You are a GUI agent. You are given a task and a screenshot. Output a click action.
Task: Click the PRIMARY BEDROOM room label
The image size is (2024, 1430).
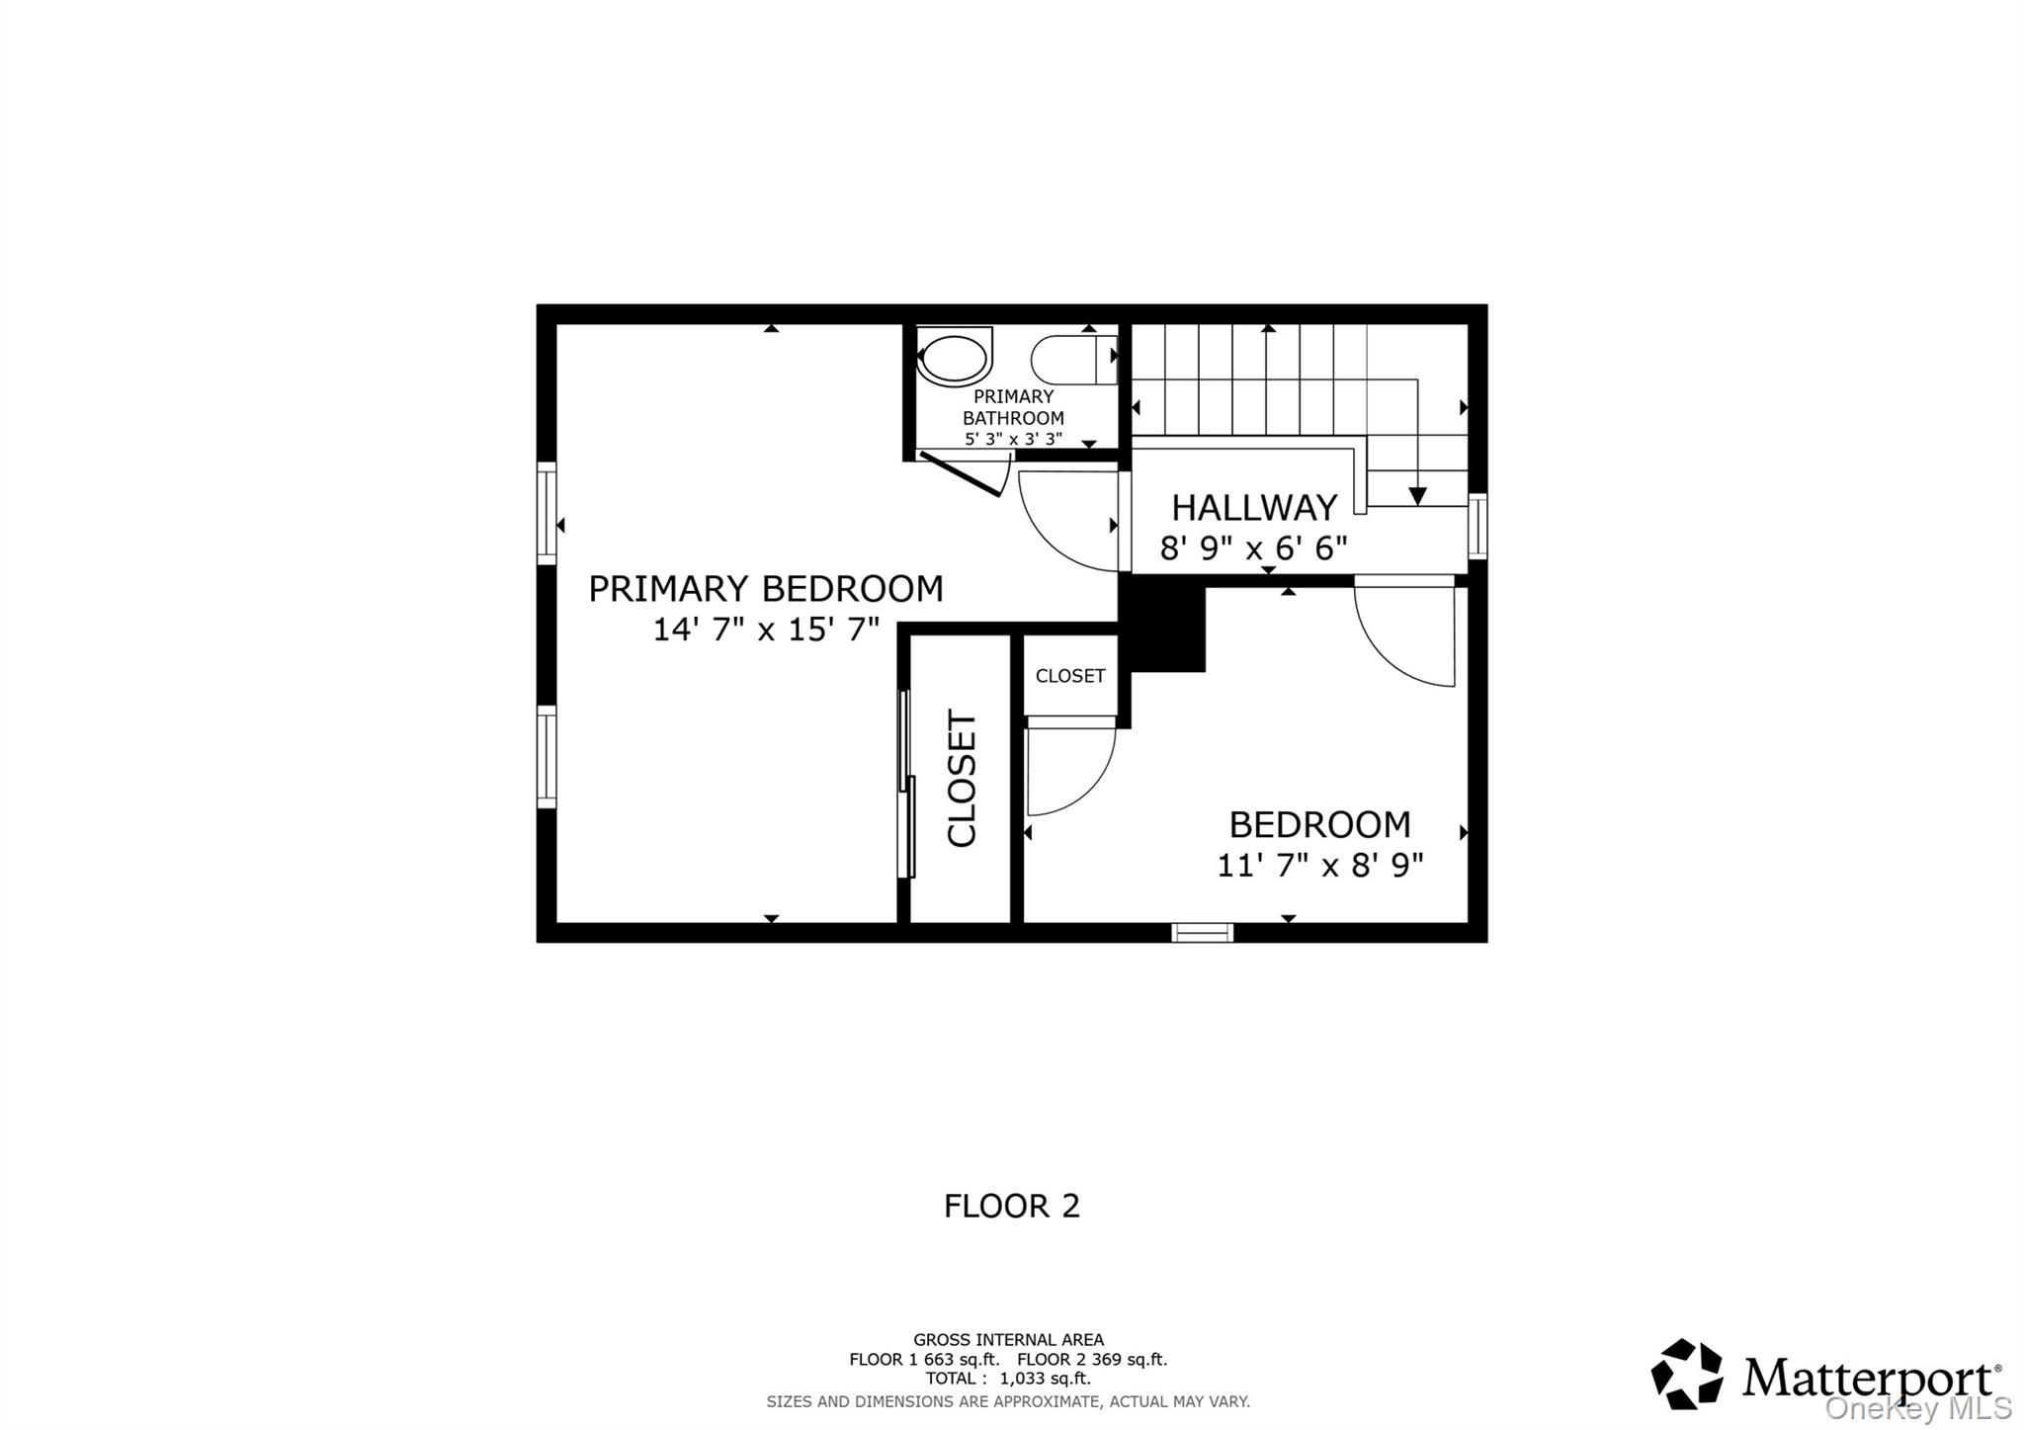(x=766, y=589)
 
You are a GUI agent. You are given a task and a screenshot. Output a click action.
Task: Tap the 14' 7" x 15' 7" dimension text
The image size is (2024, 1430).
(x=766, y=630)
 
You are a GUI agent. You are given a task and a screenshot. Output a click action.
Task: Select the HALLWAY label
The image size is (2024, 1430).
(x=1254, y=508)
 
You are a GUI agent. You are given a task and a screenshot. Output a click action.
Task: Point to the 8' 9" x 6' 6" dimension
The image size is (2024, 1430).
(x=1253, y=547)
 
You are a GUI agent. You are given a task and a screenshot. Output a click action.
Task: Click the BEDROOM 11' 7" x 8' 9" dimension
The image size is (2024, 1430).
(x=1319, y=866)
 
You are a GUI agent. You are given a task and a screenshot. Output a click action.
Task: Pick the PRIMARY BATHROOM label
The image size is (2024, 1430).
(x=1013, y=407)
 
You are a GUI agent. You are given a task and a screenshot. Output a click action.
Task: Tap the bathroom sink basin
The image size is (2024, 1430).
(x=954, y=357)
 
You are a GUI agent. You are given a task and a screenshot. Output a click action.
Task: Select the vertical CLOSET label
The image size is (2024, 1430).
(x=962, y=779)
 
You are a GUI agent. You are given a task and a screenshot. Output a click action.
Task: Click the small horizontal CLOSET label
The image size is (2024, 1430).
(x=1070, y=676)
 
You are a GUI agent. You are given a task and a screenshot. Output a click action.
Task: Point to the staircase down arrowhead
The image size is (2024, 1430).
(x=1417, y=497)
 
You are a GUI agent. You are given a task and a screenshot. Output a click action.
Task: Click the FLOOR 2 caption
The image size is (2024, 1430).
(x=1012, y=1206)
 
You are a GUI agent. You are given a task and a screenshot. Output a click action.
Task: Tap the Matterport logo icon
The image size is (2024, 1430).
(x=1687, y=1374)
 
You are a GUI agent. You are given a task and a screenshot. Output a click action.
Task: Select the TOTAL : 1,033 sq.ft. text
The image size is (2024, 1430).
(x=1008, y=1379)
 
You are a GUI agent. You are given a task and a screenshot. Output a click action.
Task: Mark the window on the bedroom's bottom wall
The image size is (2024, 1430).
(x=1203, y=932)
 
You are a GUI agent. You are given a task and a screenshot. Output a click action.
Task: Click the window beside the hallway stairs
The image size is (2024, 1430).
(x=1477, y=527)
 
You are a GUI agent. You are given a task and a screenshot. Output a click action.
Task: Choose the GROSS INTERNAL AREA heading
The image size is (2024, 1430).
(x=1008, y=1340)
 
